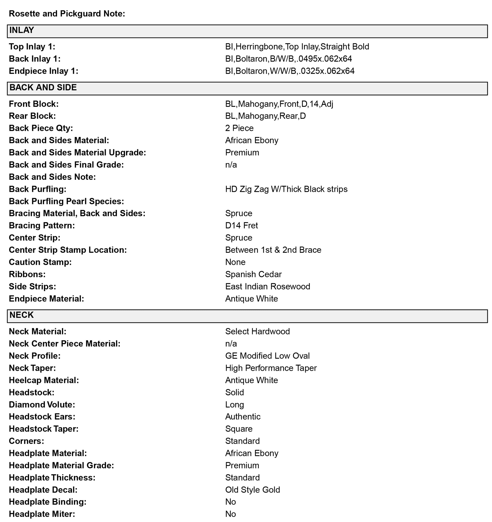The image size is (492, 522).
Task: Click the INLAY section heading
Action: [x=22, y=31]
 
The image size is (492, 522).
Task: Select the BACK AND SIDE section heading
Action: [x=43, y=88]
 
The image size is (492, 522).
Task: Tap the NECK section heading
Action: [x=21, y=315]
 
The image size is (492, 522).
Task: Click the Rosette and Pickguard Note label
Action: [x=67, y=14]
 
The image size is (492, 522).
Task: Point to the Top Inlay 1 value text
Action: [x=297, y=47]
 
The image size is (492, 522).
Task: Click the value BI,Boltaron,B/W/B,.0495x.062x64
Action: [x=289, y=59]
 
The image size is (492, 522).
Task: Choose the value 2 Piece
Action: [x=239, y=128]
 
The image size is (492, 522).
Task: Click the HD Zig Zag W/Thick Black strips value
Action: [x=286, y=189]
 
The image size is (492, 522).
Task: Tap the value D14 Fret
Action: [x=241, y=226]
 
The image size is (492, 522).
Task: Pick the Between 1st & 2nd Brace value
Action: [x=273, y=250]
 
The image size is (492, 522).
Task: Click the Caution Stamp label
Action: [x=40, y=262]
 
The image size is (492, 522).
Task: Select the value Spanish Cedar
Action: [x=253, y=274]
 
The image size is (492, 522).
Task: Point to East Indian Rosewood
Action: [x=267, y=286]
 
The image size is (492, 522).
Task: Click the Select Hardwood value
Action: [x=257, y=332]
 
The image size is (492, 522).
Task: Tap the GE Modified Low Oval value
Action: [x=267, y=356]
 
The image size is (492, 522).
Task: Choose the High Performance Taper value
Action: [x=271, y=368]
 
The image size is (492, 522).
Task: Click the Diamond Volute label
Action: [x=42, y=405]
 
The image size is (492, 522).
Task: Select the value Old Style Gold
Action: [x=252, y=490]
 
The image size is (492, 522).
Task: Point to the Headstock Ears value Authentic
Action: [x=243, y=417]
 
